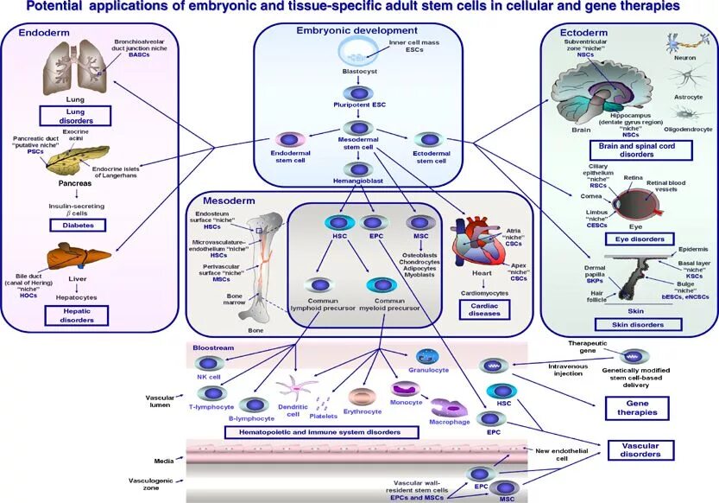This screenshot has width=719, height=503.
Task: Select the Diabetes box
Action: [x=77, y=225]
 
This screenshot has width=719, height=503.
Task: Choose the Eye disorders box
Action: [x=635, y=239]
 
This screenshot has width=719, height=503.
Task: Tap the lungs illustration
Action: [x=75, y=68]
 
